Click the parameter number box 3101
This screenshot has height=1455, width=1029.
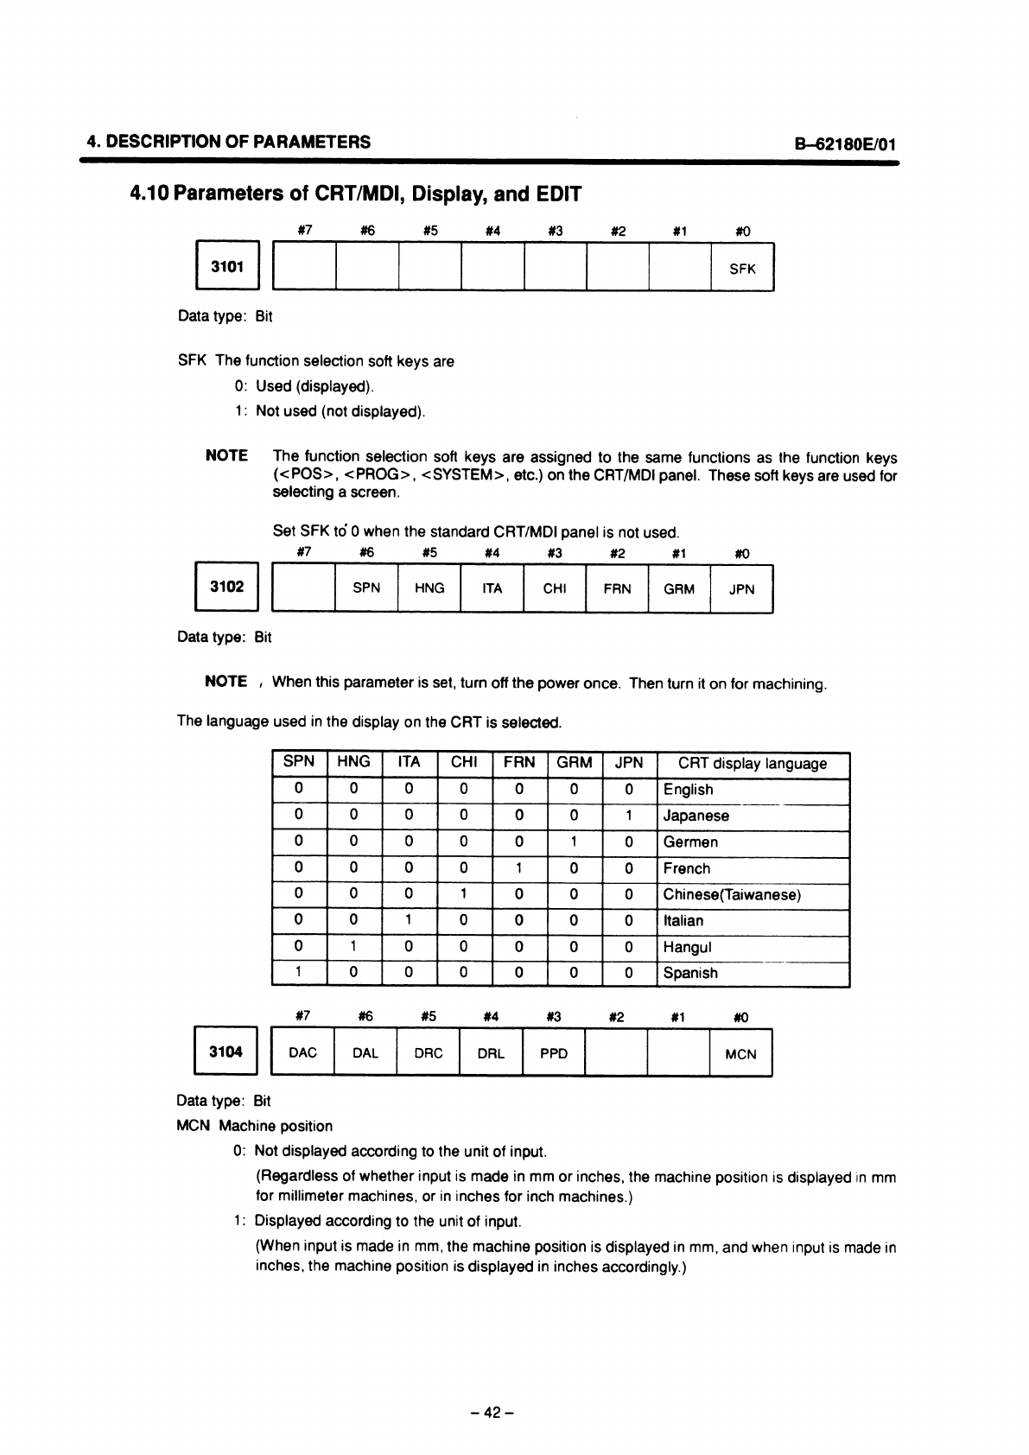tap(227, 267)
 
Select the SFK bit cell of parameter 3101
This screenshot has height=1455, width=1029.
tap(742, 269)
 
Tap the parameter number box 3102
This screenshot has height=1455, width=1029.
tap(227, 588)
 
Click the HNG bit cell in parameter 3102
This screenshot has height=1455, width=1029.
tap(429, 588)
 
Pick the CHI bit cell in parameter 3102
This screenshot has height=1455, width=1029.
tap(554, 588)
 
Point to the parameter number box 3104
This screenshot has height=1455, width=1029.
tap(226, 1052)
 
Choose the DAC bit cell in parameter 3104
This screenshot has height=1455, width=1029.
tap(302, 1052)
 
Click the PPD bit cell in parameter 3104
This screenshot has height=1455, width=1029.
tap(554, 1052)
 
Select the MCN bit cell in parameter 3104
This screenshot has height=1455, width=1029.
tap(740, 1053)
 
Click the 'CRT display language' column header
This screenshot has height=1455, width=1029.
tap(753, 764)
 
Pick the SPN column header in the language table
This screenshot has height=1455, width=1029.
tap(299, 762)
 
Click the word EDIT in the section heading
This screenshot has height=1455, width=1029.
tap(558, 194)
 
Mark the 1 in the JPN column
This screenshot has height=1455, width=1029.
tap(629, 816)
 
